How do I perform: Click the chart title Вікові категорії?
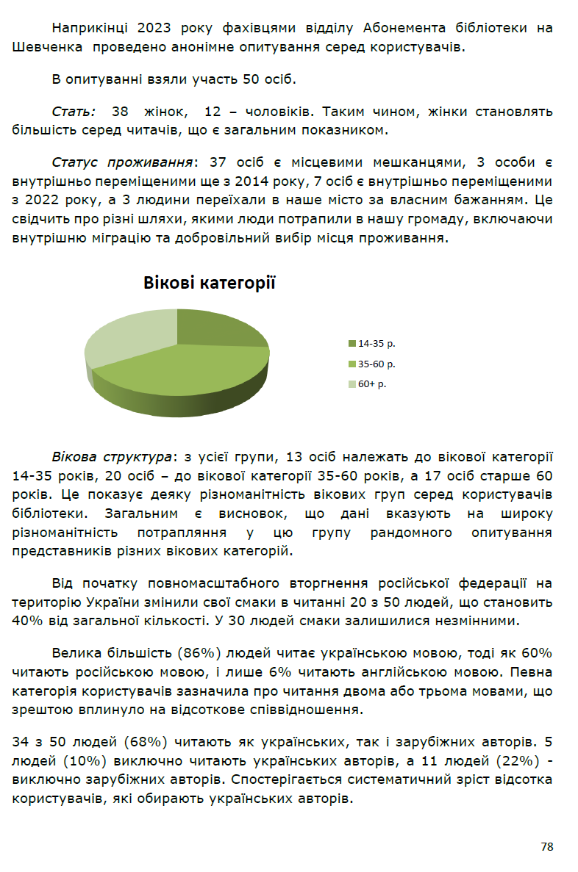pyautogui.click(x=209, y=282)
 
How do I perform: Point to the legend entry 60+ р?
pyautogui.click(x=372, y=383)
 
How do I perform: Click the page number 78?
pyautogui.click(x=546, y=846)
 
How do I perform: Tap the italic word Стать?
pyautogui.click(x=74, y=112)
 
